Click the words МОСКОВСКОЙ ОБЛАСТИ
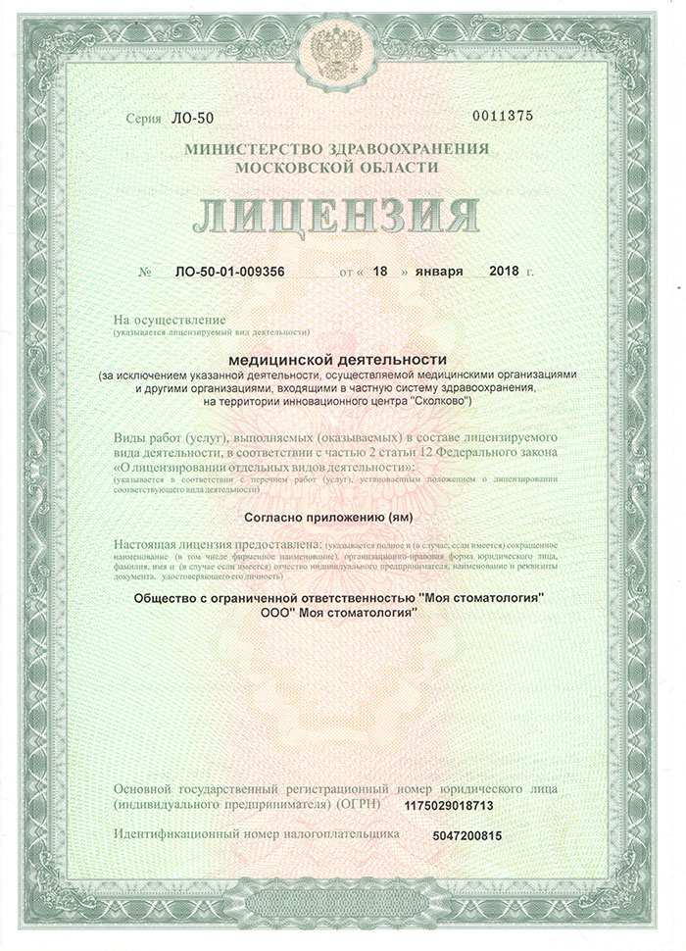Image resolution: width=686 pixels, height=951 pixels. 342,167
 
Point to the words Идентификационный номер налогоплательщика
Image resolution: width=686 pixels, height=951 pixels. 258,832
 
